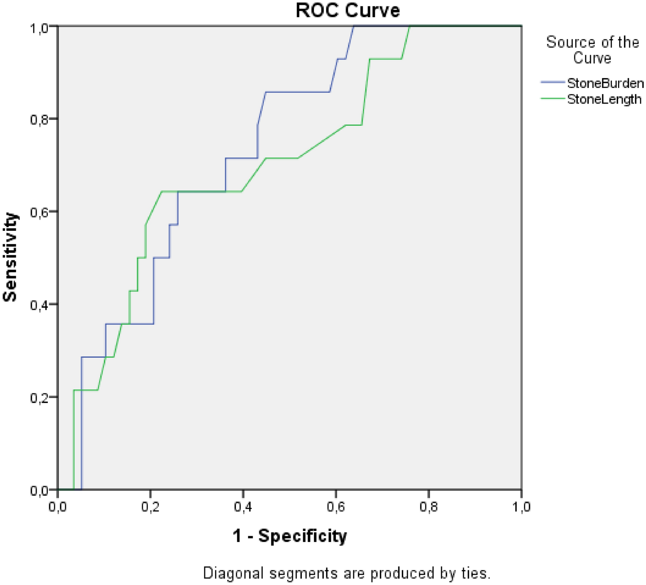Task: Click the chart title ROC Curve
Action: coord(348,10)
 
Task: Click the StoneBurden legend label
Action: coord(605,83)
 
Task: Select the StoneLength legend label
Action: coord(604,99)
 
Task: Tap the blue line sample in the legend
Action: coord(552,82)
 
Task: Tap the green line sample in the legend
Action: coord(552,99)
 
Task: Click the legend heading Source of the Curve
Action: coord(592,50)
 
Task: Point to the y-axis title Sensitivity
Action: coord(10,257)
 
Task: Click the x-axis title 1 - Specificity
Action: coord(289,536)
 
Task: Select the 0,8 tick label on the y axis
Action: coord(39,119)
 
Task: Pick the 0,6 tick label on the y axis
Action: coord(39,212)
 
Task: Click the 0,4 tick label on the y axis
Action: coord(39,305)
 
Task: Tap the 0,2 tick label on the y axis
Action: coord(39,397)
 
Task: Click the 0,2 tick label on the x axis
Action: coord(150,506)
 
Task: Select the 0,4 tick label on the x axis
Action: coord(243,506)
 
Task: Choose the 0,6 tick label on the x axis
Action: coord(336,506)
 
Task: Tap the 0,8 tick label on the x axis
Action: coord(428,506)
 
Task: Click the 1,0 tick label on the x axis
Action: coord(521,506)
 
